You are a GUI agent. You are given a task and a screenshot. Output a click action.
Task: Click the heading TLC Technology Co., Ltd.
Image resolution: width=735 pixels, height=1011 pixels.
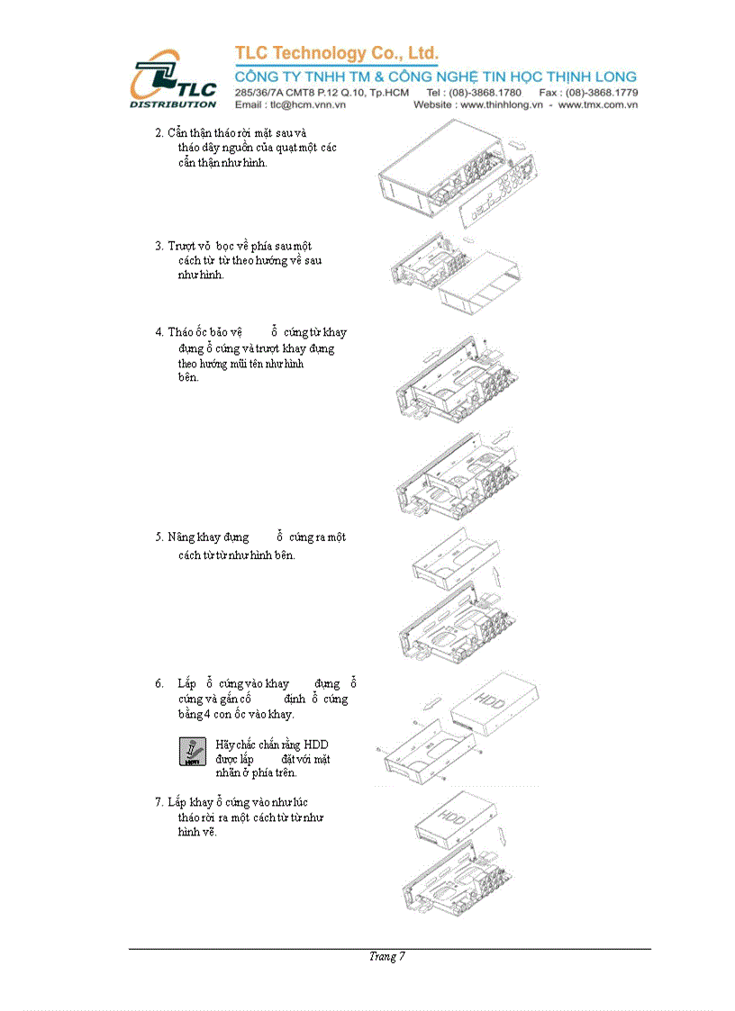(336, 53)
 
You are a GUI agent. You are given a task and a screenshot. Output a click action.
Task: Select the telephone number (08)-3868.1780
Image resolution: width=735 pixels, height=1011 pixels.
(486, 93)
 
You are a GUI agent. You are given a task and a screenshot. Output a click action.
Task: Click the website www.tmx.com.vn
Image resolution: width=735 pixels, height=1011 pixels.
(598, 105)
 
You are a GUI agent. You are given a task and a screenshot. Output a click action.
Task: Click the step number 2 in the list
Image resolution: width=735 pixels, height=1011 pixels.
(159, 133)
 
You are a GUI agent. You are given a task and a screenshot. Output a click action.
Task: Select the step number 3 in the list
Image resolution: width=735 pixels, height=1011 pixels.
(159, 246)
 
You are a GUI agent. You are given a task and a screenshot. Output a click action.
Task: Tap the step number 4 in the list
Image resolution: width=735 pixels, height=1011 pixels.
(159, 332)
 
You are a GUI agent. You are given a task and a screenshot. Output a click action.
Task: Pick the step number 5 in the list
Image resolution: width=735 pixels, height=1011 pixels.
(159, 537)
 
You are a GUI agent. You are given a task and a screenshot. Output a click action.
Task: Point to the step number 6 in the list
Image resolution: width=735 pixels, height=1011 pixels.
(159, 684)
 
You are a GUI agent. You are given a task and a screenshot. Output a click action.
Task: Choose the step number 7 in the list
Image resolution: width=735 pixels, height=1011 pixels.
(159, 802)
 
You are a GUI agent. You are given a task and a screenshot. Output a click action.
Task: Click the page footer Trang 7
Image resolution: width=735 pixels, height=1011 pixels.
(387, 957)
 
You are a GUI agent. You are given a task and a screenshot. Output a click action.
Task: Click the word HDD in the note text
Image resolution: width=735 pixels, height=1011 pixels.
(316, 745)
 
